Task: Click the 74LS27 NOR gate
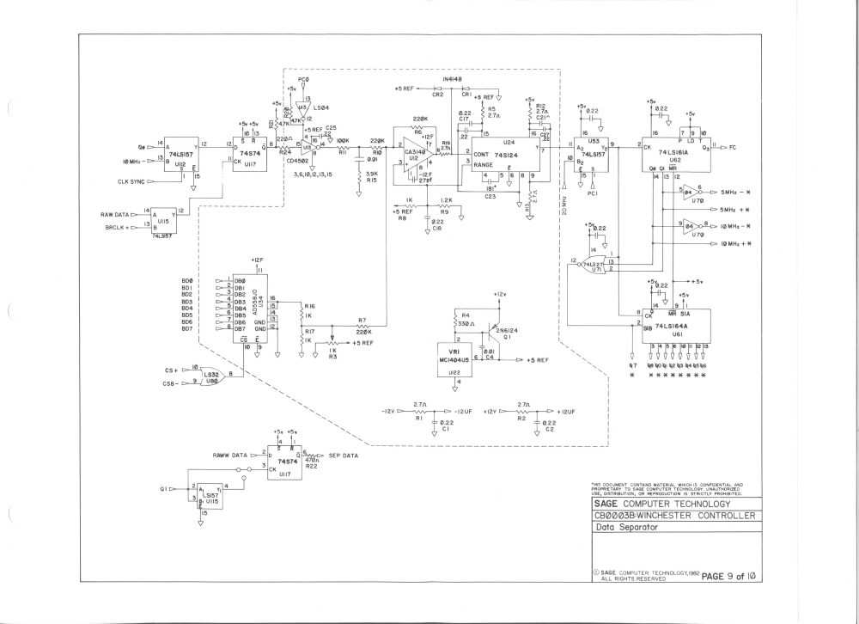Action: [594, 266]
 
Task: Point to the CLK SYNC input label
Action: [136, 181]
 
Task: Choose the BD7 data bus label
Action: [186, 328]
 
